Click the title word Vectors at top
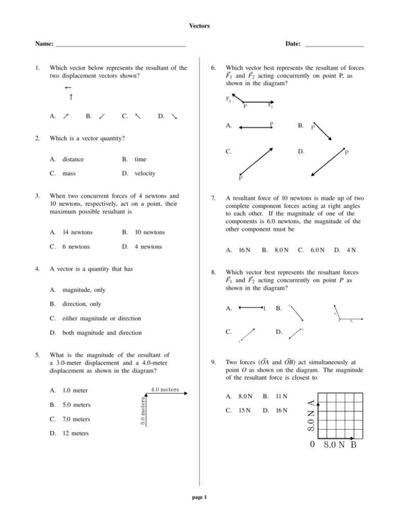click(x=199, y=25)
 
